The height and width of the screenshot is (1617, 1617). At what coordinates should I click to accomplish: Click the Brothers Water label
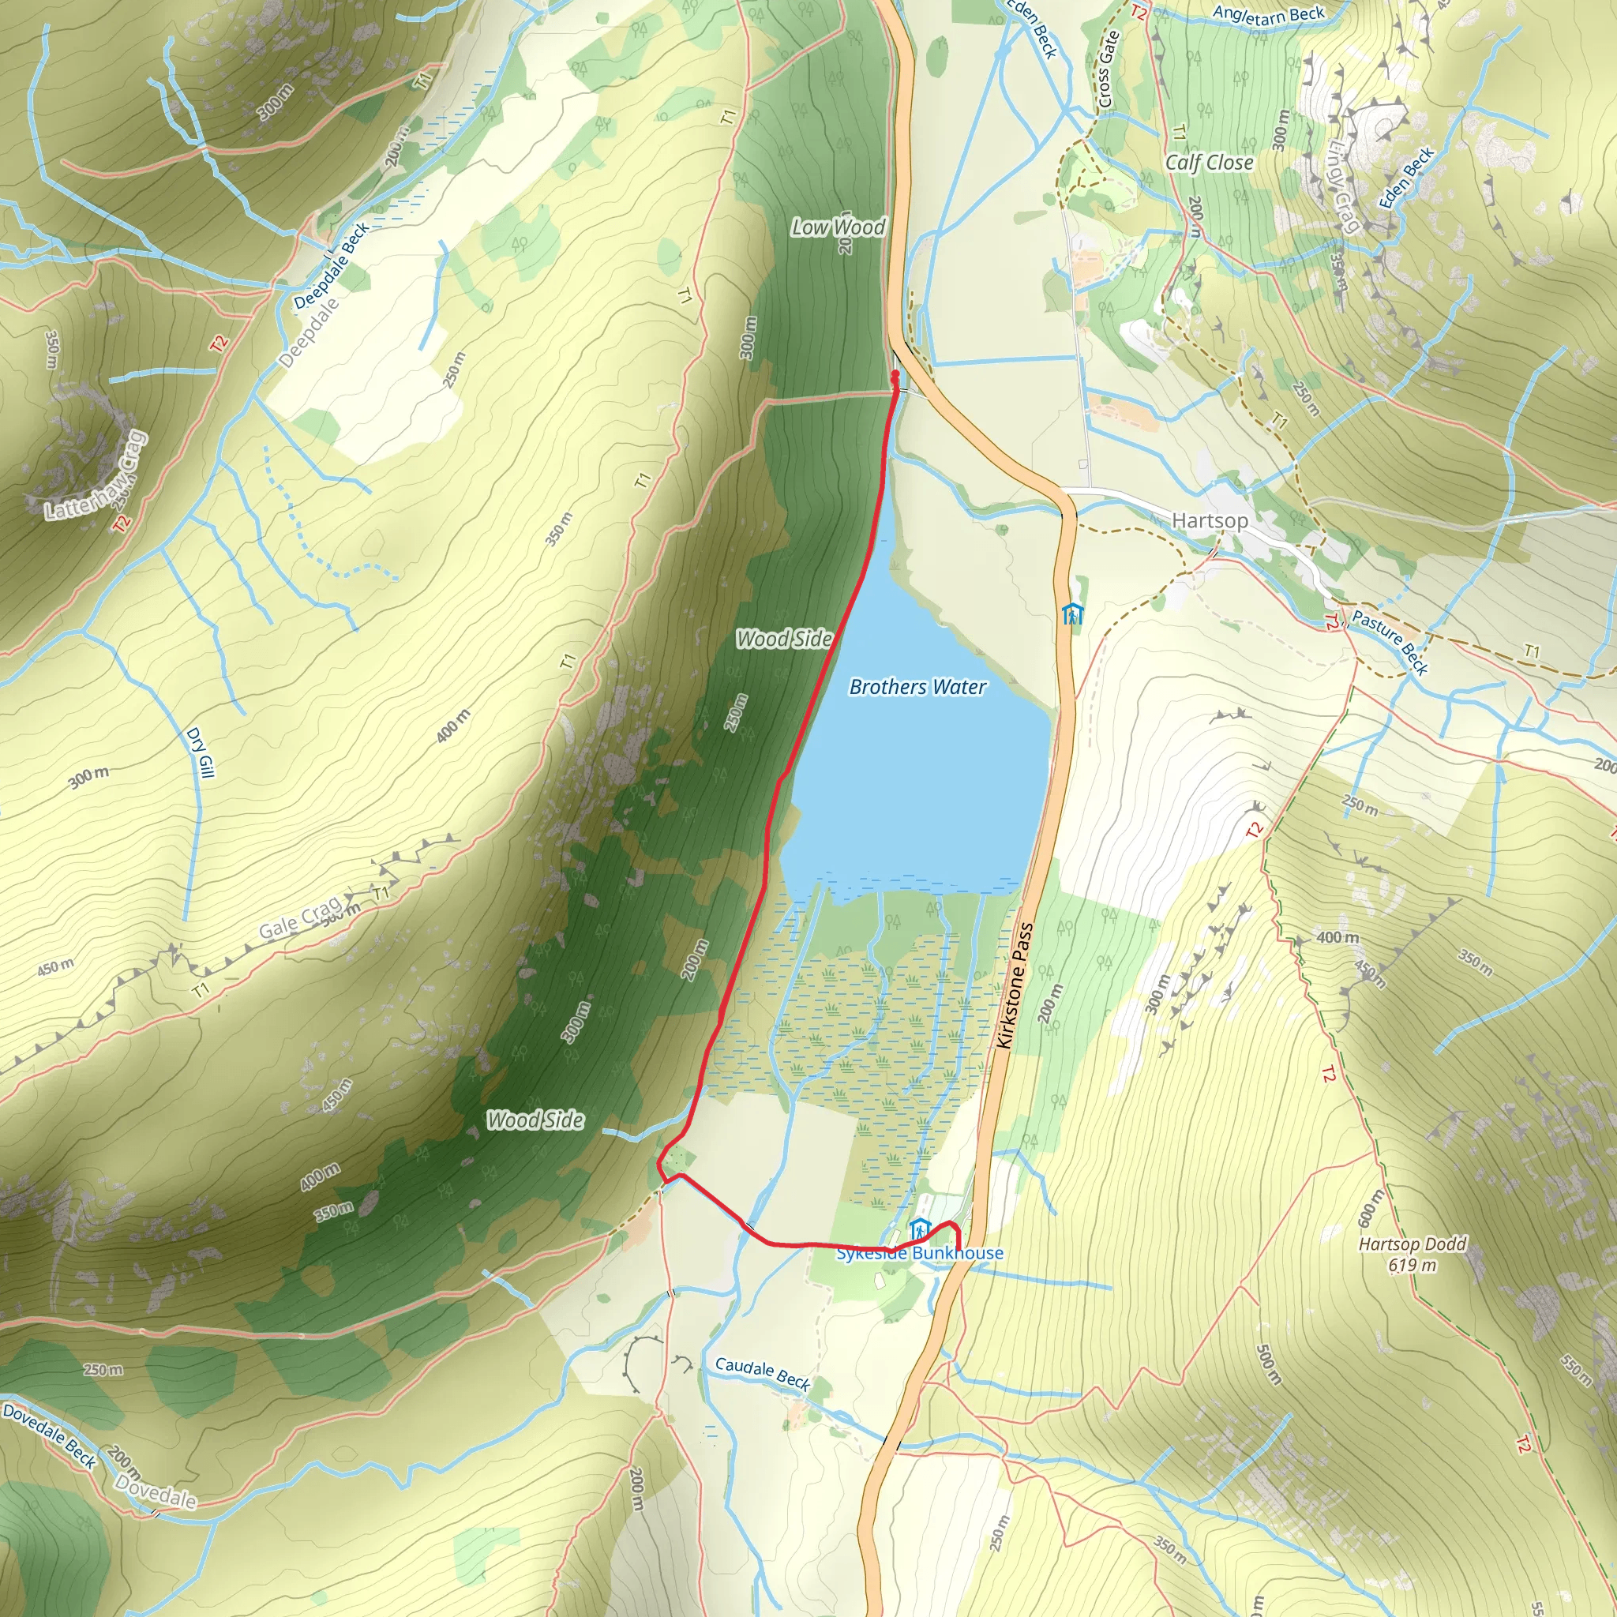click(x=917, y=687)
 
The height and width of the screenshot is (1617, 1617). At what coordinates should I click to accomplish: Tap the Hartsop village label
click(x=1210, y=520)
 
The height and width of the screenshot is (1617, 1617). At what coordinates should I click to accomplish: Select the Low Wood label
click(x=838, y=227)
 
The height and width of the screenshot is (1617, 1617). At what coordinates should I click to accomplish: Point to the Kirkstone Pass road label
click(x=1015, y=985)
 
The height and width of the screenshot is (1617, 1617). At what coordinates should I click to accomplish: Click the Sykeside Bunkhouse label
click(x=920, y=1253)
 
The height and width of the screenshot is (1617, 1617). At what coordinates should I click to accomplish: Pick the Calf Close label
click(x=1210, y=163)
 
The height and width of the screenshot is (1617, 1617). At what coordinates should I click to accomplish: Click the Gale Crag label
click(x=298, y=918)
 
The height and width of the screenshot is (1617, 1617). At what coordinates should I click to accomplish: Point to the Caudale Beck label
click(x=763, y=1375)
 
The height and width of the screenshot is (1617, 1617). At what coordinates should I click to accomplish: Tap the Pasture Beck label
click(x=1390, y=643)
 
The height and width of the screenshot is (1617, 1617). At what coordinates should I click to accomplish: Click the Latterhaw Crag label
click(x=96, y=477)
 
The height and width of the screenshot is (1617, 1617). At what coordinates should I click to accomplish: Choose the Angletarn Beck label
click(x=1269, y=14)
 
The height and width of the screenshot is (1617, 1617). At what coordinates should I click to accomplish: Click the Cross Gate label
click(x=1107, y=69)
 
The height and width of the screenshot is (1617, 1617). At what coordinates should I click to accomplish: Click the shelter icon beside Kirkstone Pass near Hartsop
click(x=1072, y=614)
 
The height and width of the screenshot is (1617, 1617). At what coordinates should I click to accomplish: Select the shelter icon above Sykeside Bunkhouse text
click(x=920, y=1229)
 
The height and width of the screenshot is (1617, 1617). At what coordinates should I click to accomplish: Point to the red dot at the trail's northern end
click(x=895, y=374)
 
